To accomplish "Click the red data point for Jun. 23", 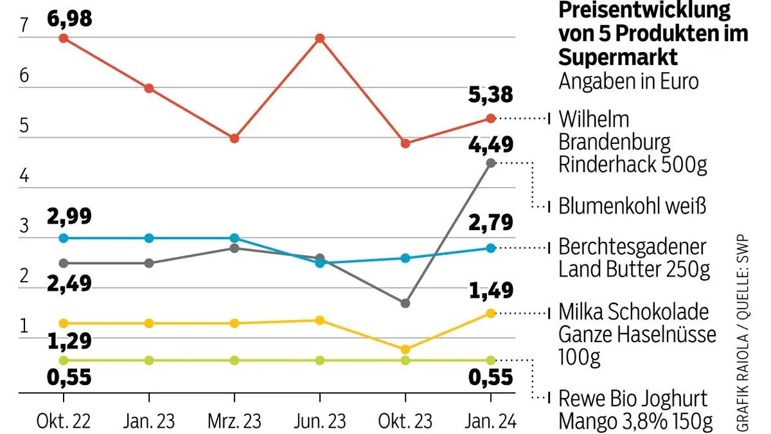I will pyautogui.click(x=319, y=39).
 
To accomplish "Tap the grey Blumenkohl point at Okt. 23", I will pyautogui.click(x=405, y=303).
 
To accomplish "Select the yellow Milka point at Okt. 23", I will pyautogui.click(x=405, y=350).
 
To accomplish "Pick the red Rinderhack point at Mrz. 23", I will pyautogui.click(x=235, y=138).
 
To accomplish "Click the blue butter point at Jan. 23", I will pyautogui.click(x=149, y=238).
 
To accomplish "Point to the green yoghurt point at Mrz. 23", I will pyautogui.click(x=235, y=360).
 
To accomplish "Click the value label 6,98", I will pyautogui.click(x=69, y=17).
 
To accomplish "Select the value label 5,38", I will pyautogui.click(x=490, y=95).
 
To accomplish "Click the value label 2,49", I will pyautogui.click(x=69, y=283).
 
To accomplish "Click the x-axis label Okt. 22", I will pyautogui.click(x=63, y=421).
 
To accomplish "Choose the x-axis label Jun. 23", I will pyautogui.click(x=319, y=421).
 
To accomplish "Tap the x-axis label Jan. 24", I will pyautogui.click(x=490, y=421).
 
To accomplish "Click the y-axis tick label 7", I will pyautogui.click(x=24, y=26).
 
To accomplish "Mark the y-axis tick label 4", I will pyautogui.click(x=24, y=176).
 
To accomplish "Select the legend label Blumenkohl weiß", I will pyautogui.click(x=632, y=206).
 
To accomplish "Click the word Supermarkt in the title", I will pyautogui.click(x=618, y=57).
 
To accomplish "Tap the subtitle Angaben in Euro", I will pyautogui.click(x=628, y=82).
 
